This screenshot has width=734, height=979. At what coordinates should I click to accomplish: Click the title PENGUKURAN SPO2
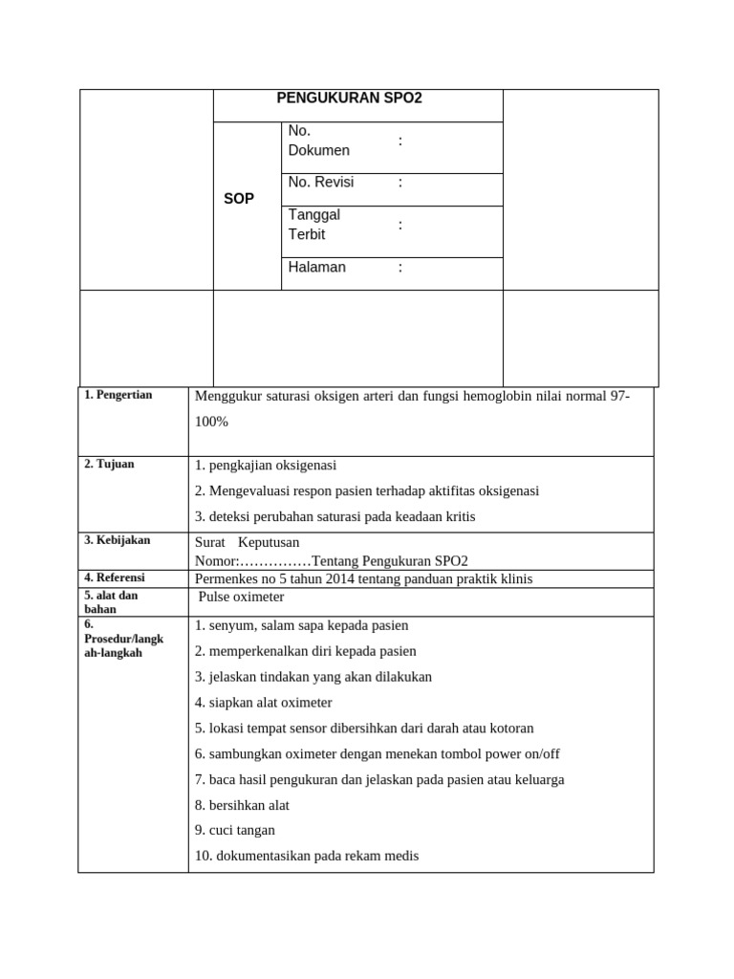[349, 98]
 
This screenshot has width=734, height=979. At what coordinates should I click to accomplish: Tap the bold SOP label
[239, 199]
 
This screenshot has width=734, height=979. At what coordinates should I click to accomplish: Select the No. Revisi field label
[321, 183]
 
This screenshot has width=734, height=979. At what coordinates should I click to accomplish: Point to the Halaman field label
[317, 268]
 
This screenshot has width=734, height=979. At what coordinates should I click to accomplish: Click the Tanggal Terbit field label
[314, 225]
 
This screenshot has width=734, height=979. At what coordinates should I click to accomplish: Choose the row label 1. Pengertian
[119, 395]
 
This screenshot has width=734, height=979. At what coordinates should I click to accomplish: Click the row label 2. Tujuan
[110, 464]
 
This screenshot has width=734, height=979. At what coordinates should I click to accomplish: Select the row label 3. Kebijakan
[118, 540]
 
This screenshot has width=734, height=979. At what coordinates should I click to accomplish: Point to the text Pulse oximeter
[242, 597]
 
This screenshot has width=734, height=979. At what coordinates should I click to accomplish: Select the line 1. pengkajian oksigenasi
[266, 466]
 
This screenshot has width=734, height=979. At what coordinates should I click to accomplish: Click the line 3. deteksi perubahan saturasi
[335, 516]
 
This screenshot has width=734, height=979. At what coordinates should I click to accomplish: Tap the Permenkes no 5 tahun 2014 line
[363, 578]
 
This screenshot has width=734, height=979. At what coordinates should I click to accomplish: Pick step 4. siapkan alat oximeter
[264, 703]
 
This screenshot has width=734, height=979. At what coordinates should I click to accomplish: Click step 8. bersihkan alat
[242, 805]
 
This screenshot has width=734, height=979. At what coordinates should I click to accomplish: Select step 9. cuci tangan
[235, 830]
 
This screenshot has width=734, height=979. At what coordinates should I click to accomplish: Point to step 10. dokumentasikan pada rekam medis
[307, 856]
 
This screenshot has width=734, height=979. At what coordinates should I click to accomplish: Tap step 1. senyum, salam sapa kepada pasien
[301, 625]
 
